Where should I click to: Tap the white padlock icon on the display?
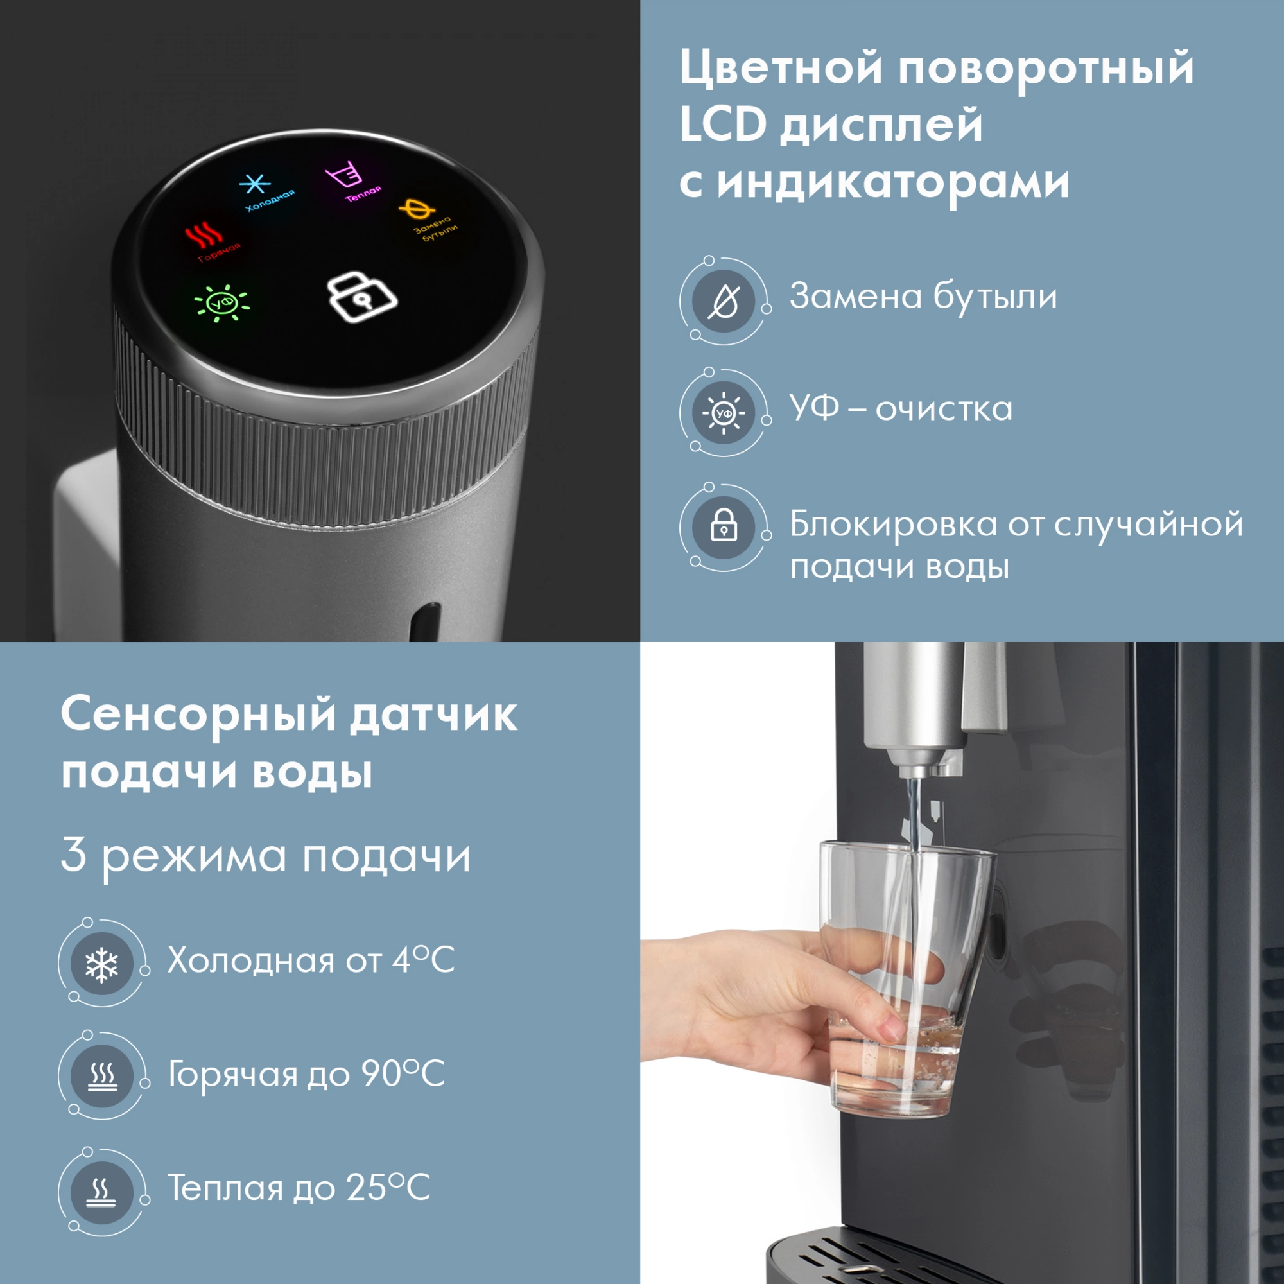click(x=362, y=298)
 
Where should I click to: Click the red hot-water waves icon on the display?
click(x=204, y=236)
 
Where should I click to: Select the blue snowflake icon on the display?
click(x=254, y=186)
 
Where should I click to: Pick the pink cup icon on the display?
click(x=343, y=176)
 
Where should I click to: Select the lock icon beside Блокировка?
click(x=724, y=528)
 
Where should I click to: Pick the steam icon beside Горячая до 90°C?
click(x=101, y=1076)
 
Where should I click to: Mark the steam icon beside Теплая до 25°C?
click(x=101, y=1190)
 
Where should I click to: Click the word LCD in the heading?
click(x=723, y=125)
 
